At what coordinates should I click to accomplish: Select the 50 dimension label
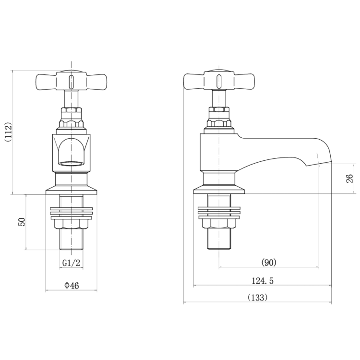click(x=22, y=222)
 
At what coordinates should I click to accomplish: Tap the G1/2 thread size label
click(x=71, y=263)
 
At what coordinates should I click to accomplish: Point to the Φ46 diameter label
click(x=72, y=286)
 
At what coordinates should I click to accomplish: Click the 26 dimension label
click(x=349, y=179)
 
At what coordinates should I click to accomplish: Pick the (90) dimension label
click(x=269, y=262)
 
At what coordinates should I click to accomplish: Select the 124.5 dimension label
click(x=263, y=281)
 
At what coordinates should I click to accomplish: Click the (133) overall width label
click(x=258, y=298)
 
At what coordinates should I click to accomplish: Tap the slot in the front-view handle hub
click(x=72, y=81)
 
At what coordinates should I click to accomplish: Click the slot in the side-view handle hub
click(x=219, y=81)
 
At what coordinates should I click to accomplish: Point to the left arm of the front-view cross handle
click(x=46, y=82)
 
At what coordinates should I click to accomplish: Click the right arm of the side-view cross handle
click(x=244, y=82)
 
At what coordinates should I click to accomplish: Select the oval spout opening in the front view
click(x=71, y=163)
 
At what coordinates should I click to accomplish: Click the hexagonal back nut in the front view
click(x=71, y=224)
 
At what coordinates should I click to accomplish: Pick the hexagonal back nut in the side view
click(x=219, y=224)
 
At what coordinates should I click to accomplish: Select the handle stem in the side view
click(x=219, y=98)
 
